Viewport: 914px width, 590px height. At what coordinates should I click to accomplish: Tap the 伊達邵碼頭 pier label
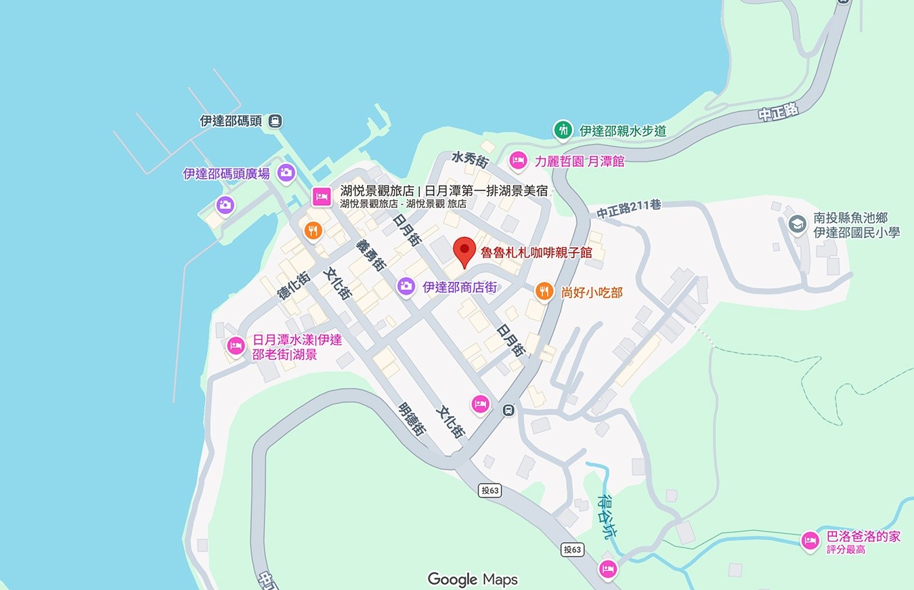(231, 121)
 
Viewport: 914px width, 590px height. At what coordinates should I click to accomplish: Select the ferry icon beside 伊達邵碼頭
(275, 121)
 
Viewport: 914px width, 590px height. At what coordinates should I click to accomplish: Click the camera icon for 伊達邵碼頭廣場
(286, 173)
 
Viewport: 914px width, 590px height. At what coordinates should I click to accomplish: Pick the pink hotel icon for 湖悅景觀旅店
(321, 196)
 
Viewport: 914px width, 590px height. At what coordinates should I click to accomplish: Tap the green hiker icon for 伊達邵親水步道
(562, 129)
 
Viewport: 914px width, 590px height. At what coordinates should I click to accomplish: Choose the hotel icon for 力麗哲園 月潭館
(518, 161)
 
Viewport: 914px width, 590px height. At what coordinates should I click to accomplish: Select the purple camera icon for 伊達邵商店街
(406, 287)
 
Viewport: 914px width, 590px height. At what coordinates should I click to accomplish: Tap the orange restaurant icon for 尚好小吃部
(544, 292)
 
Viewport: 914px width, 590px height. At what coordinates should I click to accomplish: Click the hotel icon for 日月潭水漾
(236, 346)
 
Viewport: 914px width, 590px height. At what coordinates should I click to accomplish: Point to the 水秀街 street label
(470, 160)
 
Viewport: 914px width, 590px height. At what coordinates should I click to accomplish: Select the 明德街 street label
(411, 419)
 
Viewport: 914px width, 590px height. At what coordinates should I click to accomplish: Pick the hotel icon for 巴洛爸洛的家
(810, 541)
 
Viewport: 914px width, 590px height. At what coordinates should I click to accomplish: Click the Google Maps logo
(473, 579)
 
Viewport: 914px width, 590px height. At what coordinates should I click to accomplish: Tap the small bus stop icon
(508, 410)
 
